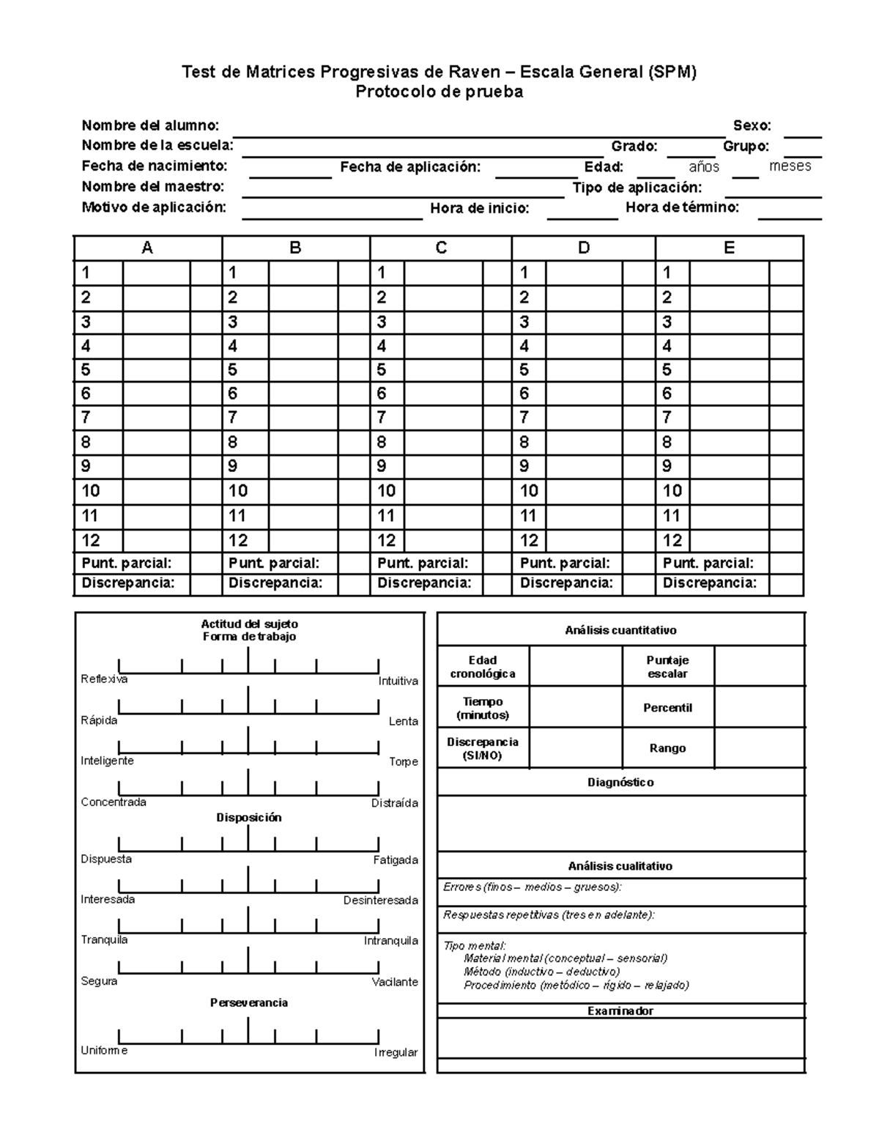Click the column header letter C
point(441,248)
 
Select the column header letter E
point(729,248)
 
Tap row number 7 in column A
point(86,418)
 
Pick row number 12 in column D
point(529,541)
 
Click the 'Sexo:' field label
point(752,126)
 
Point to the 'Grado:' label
point(634,147)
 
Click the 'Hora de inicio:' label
point(479,209)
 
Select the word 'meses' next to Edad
point(790,166)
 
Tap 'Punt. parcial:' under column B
point(274,564)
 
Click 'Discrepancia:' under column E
point(709,583)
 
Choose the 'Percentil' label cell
point(667,708)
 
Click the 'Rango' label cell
point(667,748)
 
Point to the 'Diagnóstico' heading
point(620,783)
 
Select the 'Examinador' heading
point(620,1011)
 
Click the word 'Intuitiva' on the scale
point(398,681)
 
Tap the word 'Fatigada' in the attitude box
point(396,860)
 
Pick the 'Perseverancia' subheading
point(249,1002)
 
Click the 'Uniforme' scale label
point(104,1051)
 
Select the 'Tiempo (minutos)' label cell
point(483,708)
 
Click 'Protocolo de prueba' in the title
point(439,92)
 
